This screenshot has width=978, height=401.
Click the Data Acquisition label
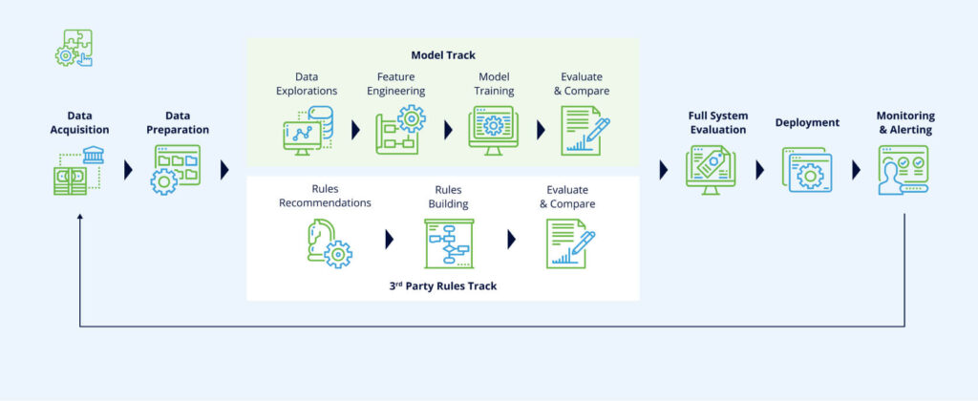click(x=81, y=122)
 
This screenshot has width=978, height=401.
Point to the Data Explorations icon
click(x=308, y=130)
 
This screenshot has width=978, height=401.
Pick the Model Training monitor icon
click(x=493, y=130)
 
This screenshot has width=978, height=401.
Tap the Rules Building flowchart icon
click(x=448, y=243)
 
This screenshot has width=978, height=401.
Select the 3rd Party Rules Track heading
click(x=443, y=285)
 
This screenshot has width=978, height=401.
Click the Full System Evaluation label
click(x=717, y=122)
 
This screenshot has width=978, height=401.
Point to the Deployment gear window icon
click(x=807, y=171)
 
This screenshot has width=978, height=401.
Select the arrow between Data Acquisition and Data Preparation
click(x=128, y=170)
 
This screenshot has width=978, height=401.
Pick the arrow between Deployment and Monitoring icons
click(x=856, y=170)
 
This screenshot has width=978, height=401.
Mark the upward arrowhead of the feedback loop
click(x=80, y=219)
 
